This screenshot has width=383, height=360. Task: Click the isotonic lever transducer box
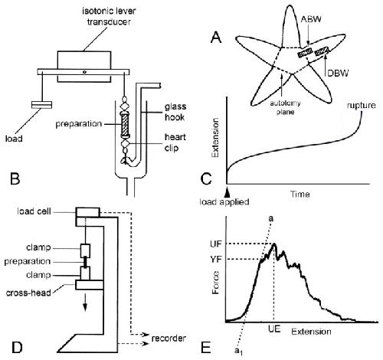pos(84,67)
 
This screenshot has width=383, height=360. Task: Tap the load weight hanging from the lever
pos(41,105)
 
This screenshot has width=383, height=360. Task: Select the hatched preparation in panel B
pos(126,125)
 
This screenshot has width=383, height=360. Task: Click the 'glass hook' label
pos(175,112)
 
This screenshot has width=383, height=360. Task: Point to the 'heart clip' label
pos(175,142)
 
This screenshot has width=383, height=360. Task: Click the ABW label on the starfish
pos(310,19)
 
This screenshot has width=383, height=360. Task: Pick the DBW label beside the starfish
pos(338,74)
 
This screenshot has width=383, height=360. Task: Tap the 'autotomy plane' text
pos(285,107)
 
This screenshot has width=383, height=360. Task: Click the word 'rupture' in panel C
pos(361,106)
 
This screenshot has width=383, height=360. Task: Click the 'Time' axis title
pos(300,195)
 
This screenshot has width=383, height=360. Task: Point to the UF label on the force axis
pos(216,244)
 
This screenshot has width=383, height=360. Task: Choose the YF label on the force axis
pos(216,260)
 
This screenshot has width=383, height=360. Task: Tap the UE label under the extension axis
pos(274,329)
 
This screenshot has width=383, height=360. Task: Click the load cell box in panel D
pos(87,212)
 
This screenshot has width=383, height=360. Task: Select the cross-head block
pos(90,285)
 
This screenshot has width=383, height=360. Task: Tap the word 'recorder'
pos(169,339)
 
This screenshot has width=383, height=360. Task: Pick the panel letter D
pos(16,348)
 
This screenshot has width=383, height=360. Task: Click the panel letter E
pos(206,348)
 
